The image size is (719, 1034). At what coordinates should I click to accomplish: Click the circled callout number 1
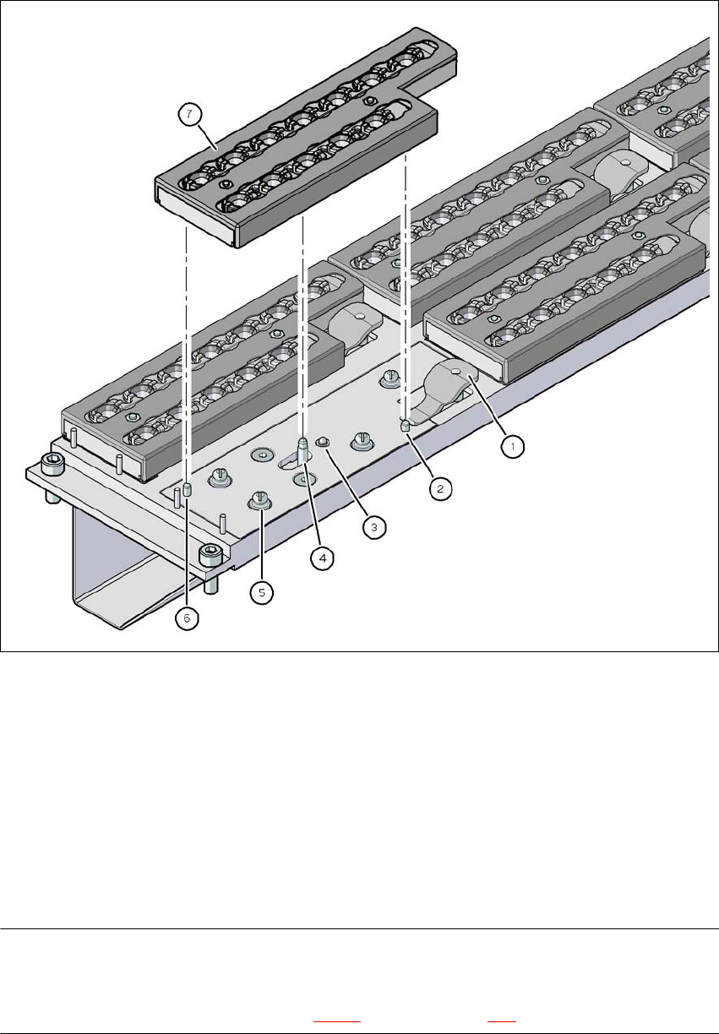coord(513,446)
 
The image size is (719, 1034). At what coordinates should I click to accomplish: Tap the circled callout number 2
coord(440,488)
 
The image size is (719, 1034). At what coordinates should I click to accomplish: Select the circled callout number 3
coord(374,526)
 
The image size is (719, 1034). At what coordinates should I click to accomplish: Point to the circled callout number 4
coord(323,558)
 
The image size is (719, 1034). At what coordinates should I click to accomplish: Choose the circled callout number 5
coord(262,592)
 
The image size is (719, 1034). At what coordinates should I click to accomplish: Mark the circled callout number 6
coord(187,618)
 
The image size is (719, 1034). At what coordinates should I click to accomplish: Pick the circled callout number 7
coord(189,114)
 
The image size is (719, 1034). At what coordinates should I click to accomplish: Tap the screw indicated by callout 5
coord(260,500)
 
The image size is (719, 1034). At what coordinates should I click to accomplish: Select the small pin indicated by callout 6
coord(187,490)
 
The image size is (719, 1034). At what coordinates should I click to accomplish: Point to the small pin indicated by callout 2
coord(405,425)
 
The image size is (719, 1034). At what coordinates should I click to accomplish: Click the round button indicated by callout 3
coord(321,443)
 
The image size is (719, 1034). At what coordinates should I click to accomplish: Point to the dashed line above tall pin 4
coord(302,326)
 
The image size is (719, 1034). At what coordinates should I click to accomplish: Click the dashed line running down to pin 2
coord(406,287)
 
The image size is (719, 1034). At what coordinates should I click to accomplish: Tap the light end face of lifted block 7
coord(196,211)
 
